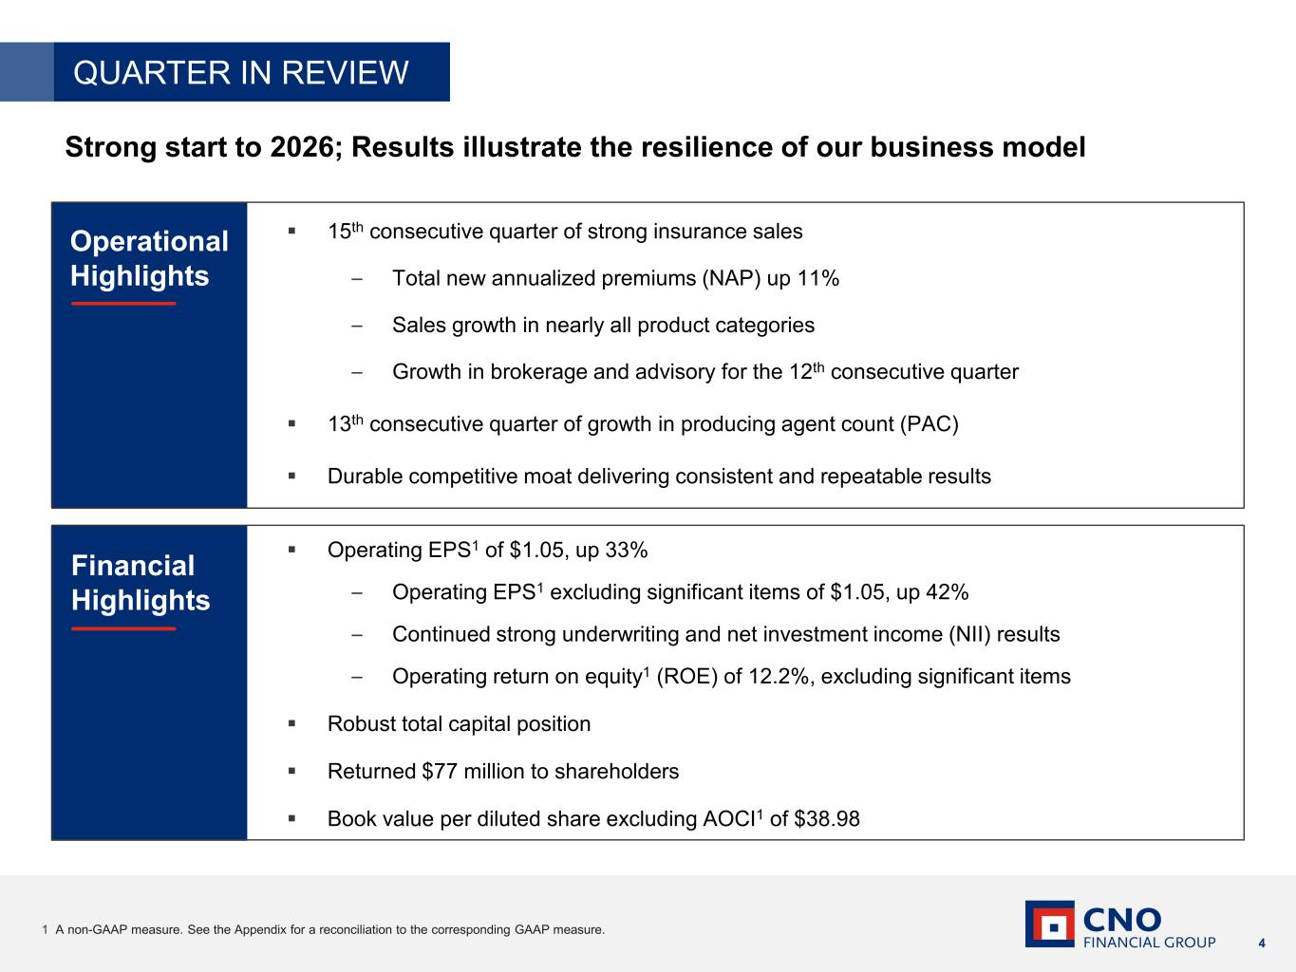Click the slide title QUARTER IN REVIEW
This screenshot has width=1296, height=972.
pos(241,72)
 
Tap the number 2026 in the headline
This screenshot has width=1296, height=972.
pos(302,147)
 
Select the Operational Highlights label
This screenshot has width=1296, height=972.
pos(149,258)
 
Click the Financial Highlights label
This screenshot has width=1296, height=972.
pos(141,583)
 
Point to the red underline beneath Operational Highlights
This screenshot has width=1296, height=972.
pos(123,304)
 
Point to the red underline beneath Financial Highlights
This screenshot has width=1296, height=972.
pos(123,628)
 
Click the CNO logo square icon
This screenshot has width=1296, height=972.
pos(1050,925)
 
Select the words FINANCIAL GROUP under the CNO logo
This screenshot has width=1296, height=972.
pos(1149,943)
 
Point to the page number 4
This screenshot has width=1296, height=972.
pos(1262,944)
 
